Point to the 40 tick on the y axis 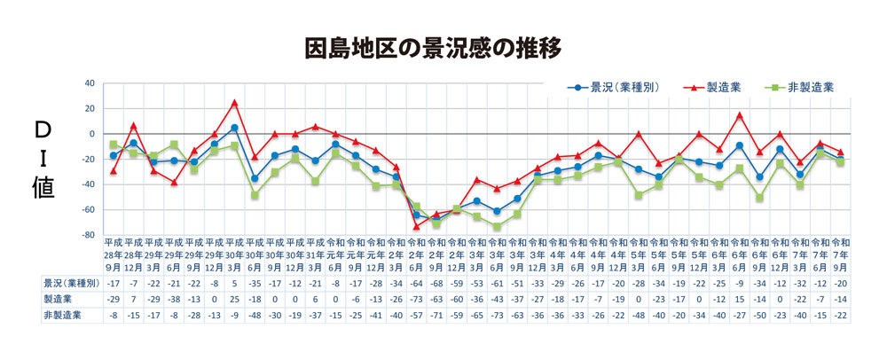89,83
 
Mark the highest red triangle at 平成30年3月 234,103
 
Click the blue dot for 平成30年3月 234,128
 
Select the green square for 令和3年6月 498,226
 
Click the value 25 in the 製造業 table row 234,298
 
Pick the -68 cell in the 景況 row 436,282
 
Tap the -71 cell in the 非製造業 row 436,314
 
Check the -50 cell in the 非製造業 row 760,314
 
